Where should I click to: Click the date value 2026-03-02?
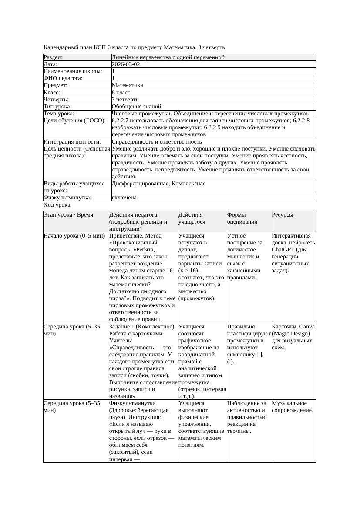(x=126, y=64)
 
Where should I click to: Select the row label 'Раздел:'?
(x=53, y=57)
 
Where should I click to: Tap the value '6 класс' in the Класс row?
(x=121, y=93)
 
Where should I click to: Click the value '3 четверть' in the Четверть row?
(x=124, y=100)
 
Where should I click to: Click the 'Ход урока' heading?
(x=57, y=205)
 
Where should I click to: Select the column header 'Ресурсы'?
(x=283, y=215)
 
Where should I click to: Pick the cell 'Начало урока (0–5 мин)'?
(x=74, y=236)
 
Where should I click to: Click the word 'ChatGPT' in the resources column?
(x=283, y=250)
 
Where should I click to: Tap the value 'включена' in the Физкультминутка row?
(x=124, y=198)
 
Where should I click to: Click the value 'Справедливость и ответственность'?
(x=157, y=142)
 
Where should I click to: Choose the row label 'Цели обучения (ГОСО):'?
(x=74, y=121)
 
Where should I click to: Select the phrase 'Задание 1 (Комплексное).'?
(x=142, y=327)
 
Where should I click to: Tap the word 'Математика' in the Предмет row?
(x=127, y=86)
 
